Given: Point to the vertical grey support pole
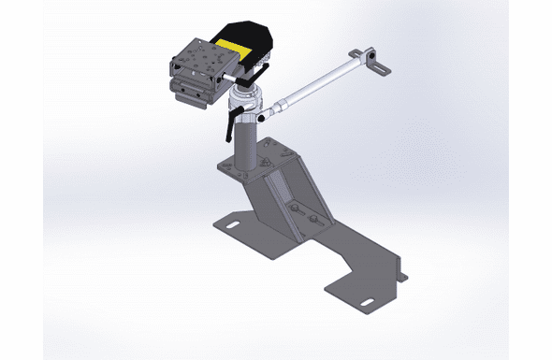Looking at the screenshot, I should click(x=244, y=145).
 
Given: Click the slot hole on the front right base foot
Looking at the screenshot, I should click(x=363, y=299).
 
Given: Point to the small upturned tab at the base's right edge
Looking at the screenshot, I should click(x=401, y=275).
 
